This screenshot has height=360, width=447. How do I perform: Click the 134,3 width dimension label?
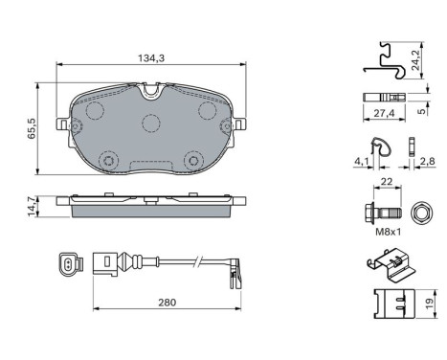click(x=151, y=58)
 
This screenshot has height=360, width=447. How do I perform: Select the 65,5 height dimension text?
click(x=32, y=128)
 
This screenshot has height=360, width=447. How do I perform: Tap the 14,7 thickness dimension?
click(x=32, y=207)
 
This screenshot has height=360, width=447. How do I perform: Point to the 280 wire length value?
click(x=167, y=302)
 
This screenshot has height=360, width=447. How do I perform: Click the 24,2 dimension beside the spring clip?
click(x=415, y=59)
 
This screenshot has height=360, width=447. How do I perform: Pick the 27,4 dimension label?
click(x=385, y=113)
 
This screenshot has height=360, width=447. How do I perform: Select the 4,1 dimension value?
click(x=361, y=162)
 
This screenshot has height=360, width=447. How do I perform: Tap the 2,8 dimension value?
click(x=427, y=161)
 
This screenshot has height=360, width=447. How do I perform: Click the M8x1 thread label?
click(x=388, y=232)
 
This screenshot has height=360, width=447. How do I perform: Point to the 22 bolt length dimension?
click(x=387, y=182)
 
